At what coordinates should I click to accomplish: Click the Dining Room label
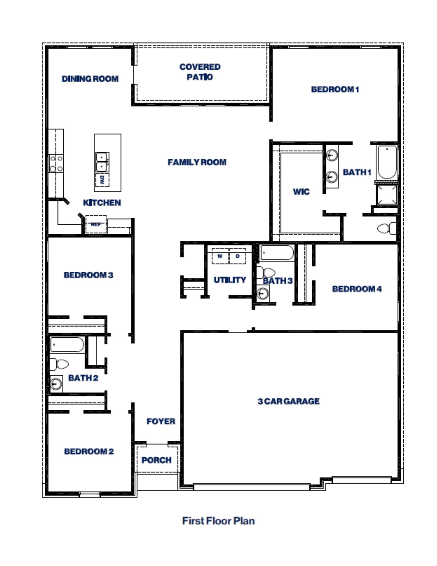[x=90, y=79]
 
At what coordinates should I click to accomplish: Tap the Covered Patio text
[x=200, y=72]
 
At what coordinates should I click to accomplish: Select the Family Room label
[x=197, y=162]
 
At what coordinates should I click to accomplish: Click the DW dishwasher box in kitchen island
[x=102, y=180]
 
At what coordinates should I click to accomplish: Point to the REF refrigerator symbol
[x=96, y=224]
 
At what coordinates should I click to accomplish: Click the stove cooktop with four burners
[x=56, y=164]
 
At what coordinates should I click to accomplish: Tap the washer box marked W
[x=220, y=256]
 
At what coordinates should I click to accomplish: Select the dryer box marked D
[x=238, y=256]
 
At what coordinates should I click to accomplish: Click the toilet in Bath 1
[x=387, y=228]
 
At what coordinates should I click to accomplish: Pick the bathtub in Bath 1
[x=387, y=162]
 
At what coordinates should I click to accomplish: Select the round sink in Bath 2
[x=56, y=384]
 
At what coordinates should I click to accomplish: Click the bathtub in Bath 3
[x=277, y=252]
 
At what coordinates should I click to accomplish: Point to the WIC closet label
[x=301, y=192]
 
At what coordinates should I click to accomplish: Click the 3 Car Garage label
[x=289, y=401]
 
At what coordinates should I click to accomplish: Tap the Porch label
[x=156, y=460]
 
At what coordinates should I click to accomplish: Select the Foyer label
[x=161, y=421]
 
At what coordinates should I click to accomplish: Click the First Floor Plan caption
[x=218, y=521]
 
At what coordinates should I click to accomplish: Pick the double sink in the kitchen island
[x=102, y=162]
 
